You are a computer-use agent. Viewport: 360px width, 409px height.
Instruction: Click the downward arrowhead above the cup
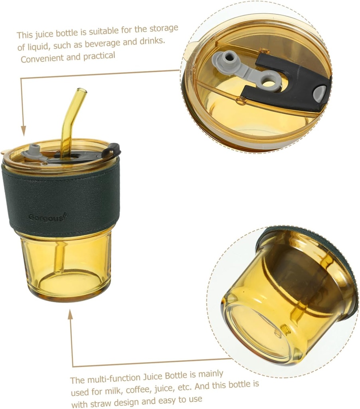point(23,130)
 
